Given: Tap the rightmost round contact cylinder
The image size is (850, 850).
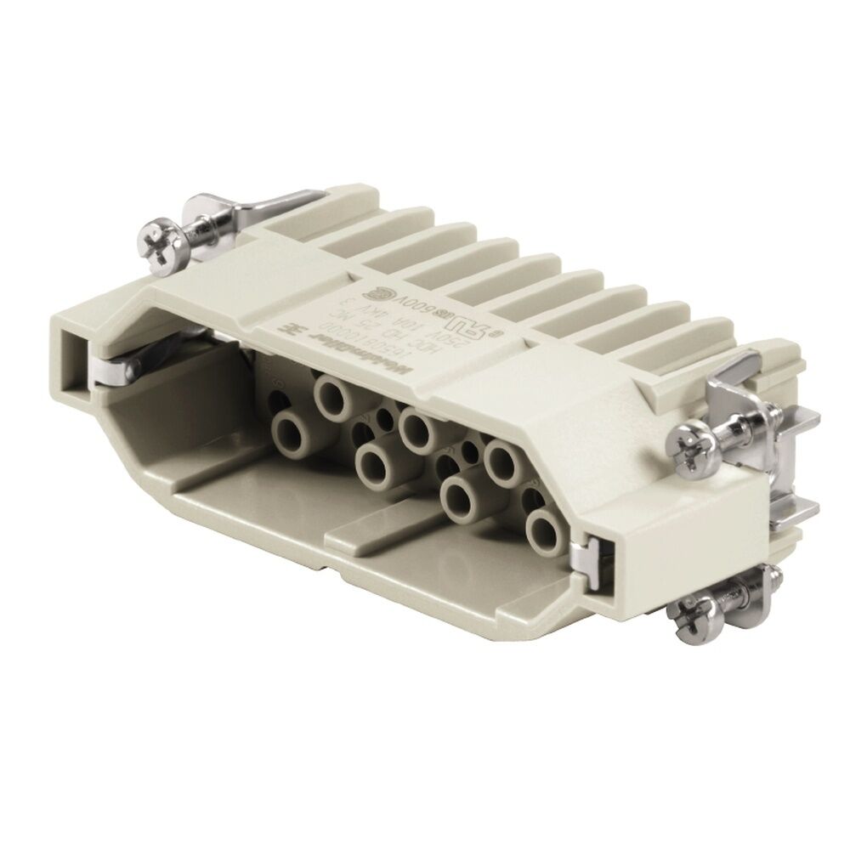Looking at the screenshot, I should (545, 530).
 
